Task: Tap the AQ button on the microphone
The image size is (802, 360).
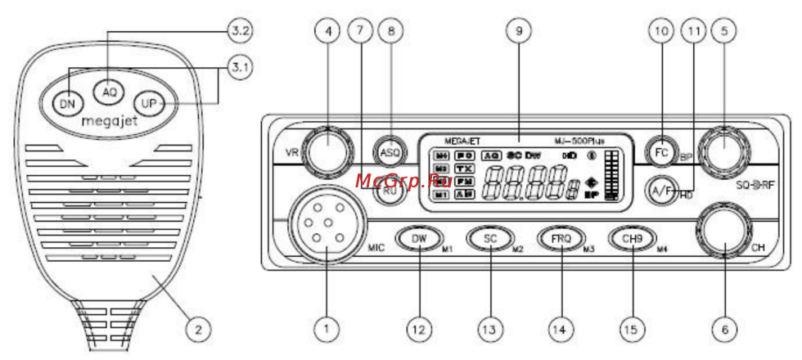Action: (109, 91)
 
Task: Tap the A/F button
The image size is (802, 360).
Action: (658, 190)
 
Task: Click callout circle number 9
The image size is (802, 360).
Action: (515, 32)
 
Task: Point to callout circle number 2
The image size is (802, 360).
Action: (196, 330)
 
